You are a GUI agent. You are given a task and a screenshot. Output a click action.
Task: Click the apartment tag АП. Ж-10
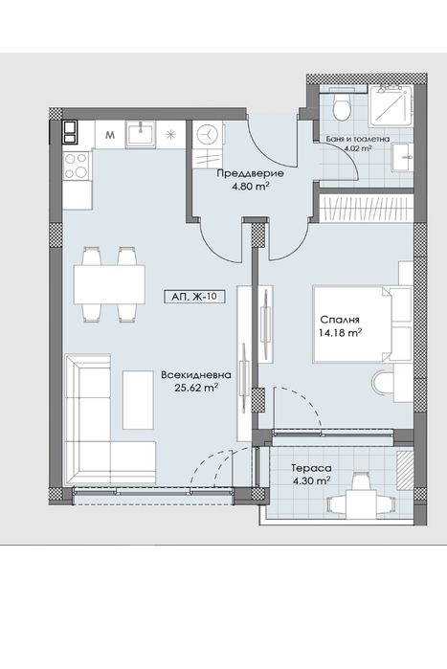[x=194, y=297]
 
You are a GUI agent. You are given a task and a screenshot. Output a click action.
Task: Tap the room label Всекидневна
[x=196, y=375]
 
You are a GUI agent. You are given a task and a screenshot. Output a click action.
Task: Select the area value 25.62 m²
[x=196, y=388]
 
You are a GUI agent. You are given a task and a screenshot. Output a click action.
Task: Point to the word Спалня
[x=340, y=320]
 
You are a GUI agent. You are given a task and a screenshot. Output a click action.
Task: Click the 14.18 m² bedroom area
[x=341, y=332]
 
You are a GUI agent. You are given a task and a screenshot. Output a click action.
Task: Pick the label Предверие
[x=251, y=174]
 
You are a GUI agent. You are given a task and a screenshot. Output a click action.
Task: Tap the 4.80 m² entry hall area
[x=251, y=187]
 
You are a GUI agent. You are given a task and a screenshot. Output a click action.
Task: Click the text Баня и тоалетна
[x=358, y=139]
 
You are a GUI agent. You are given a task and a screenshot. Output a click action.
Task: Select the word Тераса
[x=311, y=468]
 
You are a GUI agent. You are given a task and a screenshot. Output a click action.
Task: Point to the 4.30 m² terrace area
[x=311, y=480]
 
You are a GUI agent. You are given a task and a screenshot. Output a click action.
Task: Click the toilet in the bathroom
[x=342, y=106]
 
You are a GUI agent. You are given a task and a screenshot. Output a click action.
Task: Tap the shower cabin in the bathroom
[x=391, y=106]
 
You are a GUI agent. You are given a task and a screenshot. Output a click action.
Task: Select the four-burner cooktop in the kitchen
[x=77, y=166]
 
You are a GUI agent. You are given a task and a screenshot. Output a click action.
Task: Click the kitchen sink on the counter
[x=141, y=134]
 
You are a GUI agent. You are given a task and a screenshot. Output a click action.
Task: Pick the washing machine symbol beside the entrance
[x=208, y=134]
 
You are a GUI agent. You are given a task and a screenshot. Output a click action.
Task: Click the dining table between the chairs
[x=109, y=284]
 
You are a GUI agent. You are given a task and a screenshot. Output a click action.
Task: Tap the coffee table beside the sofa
[x=138, y=400]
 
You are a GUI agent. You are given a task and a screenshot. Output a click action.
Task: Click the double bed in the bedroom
[x=352, y=323]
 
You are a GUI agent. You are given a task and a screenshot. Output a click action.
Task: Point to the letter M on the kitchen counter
[x=110, y=136]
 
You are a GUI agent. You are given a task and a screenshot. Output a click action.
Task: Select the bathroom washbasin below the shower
[x=402, y=157]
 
